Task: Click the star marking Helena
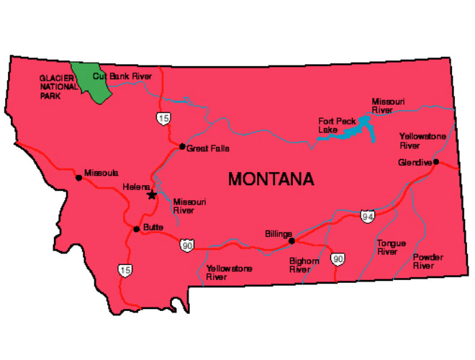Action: tap(151, 194)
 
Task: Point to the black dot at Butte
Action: tap(136, 230)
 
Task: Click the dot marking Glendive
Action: tap(436, 162)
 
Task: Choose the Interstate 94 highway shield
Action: tap(367, 215)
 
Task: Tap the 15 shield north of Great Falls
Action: tap(166, 117)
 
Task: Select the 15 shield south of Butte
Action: tap(125, 269)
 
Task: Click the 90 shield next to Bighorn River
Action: tap(338, 258)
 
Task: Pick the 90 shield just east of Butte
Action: tap(186, 246)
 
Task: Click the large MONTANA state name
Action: tap(271, 179)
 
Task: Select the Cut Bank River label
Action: tap(122, 76)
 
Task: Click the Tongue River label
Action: tap(391, 248)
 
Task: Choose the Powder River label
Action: tap(427, 261)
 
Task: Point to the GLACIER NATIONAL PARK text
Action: tap(58, 86)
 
